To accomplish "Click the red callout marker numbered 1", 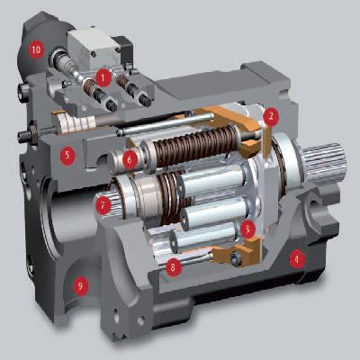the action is point(103,78).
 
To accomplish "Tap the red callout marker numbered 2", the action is point(271,117).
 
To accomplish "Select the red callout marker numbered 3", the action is point(247,229).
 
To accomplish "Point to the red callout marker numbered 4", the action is point(297,260).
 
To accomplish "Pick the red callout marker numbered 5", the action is point(67,156).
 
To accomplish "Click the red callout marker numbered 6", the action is point(130,159).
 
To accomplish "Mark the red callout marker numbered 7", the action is point(103,206).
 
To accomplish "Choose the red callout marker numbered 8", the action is point(173,267).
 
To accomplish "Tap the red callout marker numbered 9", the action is point(80,286).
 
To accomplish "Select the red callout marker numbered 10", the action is point(36,49).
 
